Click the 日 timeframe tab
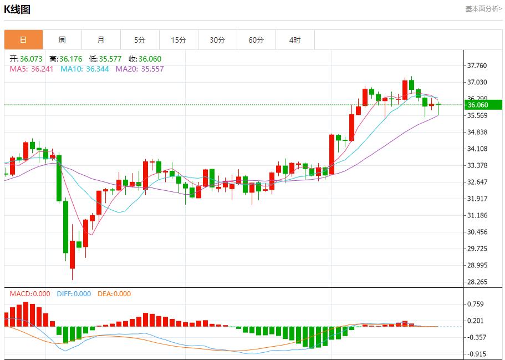[23, 40]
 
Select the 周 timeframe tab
[62, 40]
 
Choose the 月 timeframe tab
[101, 40]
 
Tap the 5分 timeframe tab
[140, 40]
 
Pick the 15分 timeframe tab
[178, 40]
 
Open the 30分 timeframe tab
[217, 40]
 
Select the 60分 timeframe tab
[256, 40]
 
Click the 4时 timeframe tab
[295, 40]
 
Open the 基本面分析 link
[483, 9]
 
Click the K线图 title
[17, 9]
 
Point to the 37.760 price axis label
[477, 65]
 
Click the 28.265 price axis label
[477, 282]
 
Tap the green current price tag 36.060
[483, 105]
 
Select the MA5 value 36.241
[42, 69]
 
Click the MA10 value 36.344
[98, 69]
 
